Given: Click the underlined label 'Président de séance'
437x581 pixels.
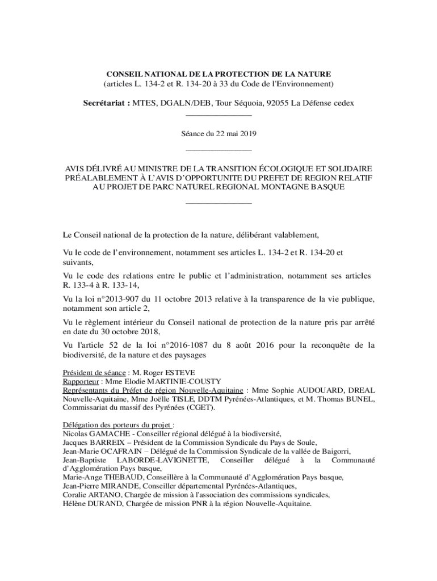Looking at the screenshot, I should (x=93, y=373).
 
